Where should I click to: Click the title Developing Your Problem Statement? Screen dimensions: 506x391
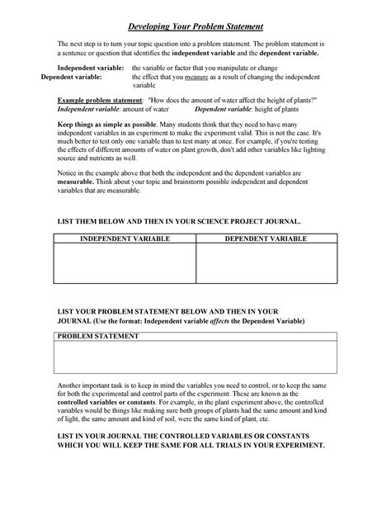point(195,27)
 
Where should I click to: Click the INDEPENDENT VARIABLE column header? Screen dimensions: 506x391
point(124,239)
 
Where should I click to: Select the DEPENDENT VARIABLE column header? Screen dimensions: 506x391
point(266,239)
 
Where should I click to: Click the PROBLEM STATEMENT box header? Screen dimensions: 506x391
point(92,338)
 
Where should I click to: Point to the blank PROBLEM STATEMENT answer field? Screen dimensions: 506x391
point(195,358)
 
